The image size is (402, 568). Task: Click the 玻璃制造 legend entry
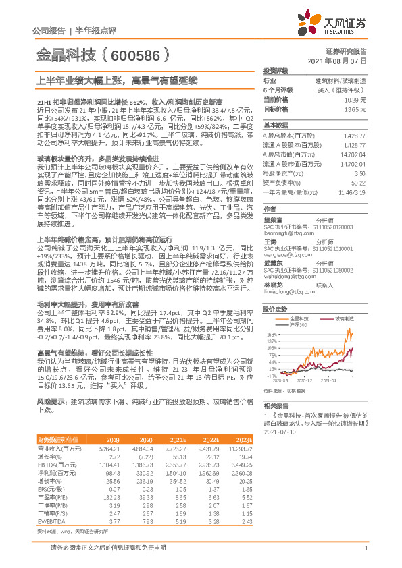(344, 317)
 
